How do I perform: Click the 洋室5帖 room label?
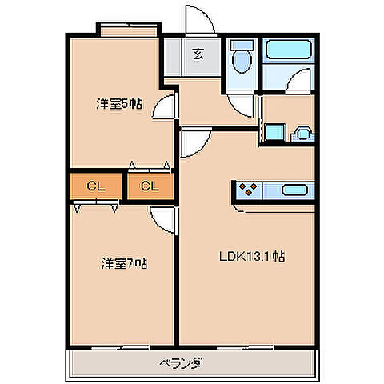pos(119,103)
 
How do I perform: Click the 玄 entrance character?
pos(197,54)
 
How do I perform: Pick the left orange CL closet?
pos(96,186)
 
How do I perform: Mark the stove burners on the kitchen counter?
pos(248,190)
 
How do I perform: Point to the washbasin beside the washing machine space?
pos(302,134)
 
